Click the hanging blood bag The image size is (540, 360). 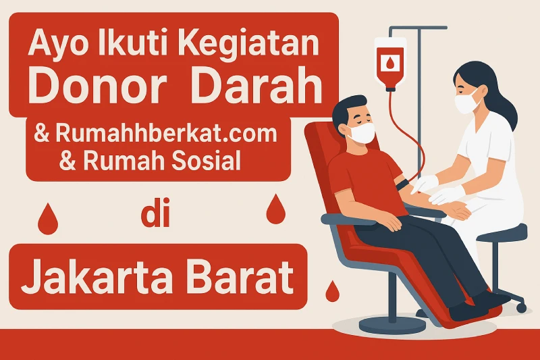391,64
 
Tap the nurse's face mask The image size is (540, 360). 466,103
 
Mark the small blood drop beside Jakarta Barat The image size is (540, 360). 331,292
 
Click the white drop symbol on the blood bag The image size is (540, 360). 391,63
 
